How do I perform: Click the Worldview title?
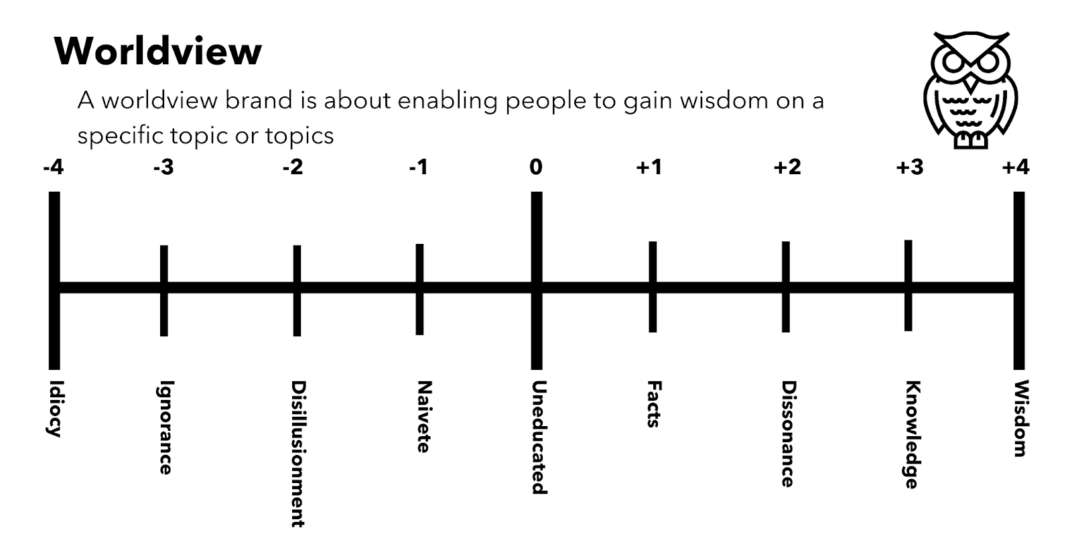pyautogui.click(x=158, y=51)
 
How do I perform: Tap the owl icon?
pyautogui.click(x=970, y=90)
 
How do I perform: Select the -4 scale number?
pyautogui.click(x=53, y=167)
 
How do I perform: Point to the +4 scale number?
pyautogui.click(x=1015, y=167)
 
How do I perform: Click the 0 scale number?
pyautogui.click(x=535, y=167)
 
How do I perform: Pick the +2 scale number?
pyautogui.click(x=787, y=167)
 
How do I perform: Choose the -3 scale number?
pyautogui.click(x=163, y=167)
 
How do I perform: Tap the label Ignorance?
pyautogui.click(x=165, y=427)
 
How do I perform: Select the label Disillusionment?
pyautogui.click(x=298, y=454)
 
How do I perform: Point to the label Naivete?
pyautogui.click(x=423, y=417)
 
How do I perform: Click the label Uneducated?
pyautogui.click(x=538, y=437)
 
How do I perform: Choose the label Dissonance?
pyautogui.click(x=788, y=434)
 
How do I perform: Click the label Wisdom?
pyautogui.click(x=1020, y=419)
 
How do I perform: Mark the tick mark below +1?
pyautogui.click(x=653, y=287)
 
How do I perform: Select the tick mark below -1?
pyautogui.click(x=419, y=289)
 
